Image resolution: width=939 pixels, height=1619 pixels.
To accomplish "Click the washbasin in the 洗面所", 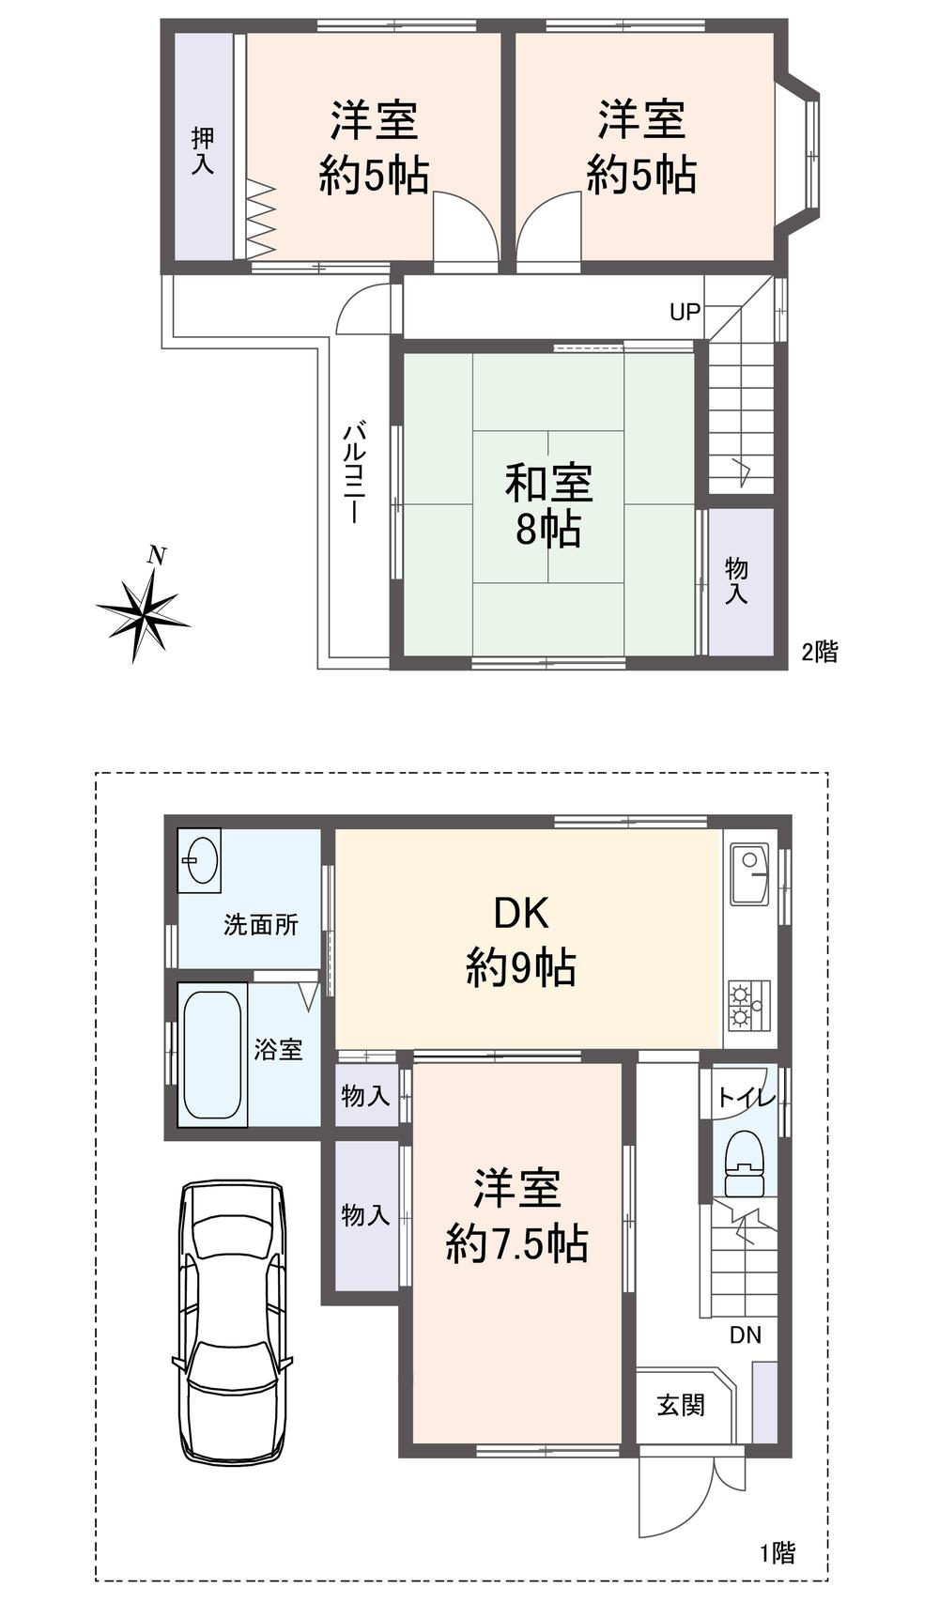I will [201, 856].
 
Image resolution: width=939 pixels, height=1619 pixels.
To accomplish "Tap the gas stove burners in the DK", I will [748, 1004].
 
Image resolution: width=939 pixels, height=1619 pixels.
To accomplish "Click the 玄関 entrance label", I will [680, 1406].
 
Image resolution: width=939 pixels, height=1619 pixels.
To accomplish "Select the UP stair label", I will [685, 311].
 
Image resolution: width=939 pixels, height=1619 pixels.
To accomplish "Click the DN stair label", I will [746, 1334].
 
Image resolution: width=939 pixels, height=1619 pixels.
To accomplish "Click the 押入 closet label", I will [202, 150].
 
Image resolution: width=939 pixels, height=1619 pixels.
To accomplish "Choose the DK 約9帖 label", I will [521, 940].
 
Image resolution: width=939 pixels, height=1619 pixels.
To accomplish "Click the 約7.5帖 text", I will [516, 1244].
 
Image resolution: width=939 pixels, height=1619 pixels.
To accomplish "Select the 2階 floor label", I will [819, 651].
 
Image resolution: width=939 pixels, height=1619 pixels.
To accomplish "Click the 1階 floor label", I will [777, 1553].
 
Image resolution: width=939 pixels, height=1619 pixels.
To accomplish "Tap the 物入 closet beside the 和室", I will [736, 580].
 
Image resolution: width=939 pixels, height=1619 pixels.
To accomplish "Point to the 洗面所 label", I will [260, 925].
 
